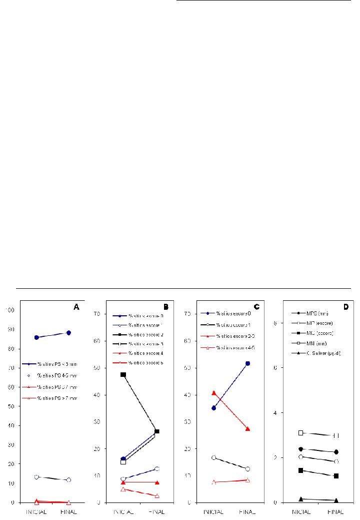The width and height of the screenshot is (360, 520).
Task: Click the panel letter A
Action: [76, 308]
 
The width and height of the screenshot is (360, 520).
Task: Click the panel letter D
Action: [345, 307]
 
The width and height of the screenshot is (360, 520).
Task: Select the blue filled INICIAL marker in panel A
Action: [36, 337]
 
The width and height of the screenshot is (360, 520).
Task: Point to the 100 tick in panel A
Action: [10, 310]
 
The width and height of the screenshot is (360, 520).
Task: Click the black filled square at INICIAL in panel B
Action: [123, 374]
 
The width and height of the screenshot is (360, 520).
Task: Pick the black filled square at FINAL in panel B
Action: [157, 431]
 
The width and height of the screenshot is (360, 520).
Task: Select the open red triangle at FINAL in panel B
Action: [157, 495]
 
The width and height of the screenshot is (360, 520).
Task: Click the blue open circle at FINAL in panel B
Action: [157, 468]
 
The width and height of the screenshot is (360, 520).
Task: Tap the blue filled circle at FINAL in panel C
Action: [247, 363]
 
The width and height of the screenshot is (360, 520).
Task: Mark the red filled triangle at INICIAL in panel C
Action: [213, 393]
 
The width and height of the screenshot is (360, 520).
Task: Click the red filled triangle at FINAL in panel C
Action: [247, 429]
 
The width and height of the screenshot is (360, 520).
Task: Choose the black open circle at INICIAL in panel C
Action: [213, 457]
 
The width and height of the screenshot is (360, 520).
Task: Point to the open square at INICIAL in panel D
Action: [301, 432]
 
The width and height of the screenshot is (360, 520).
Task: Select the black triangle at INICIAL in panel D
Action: [301, 499]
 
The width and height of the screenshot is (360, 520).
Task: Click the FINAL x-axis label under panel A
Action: [68, 512]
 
